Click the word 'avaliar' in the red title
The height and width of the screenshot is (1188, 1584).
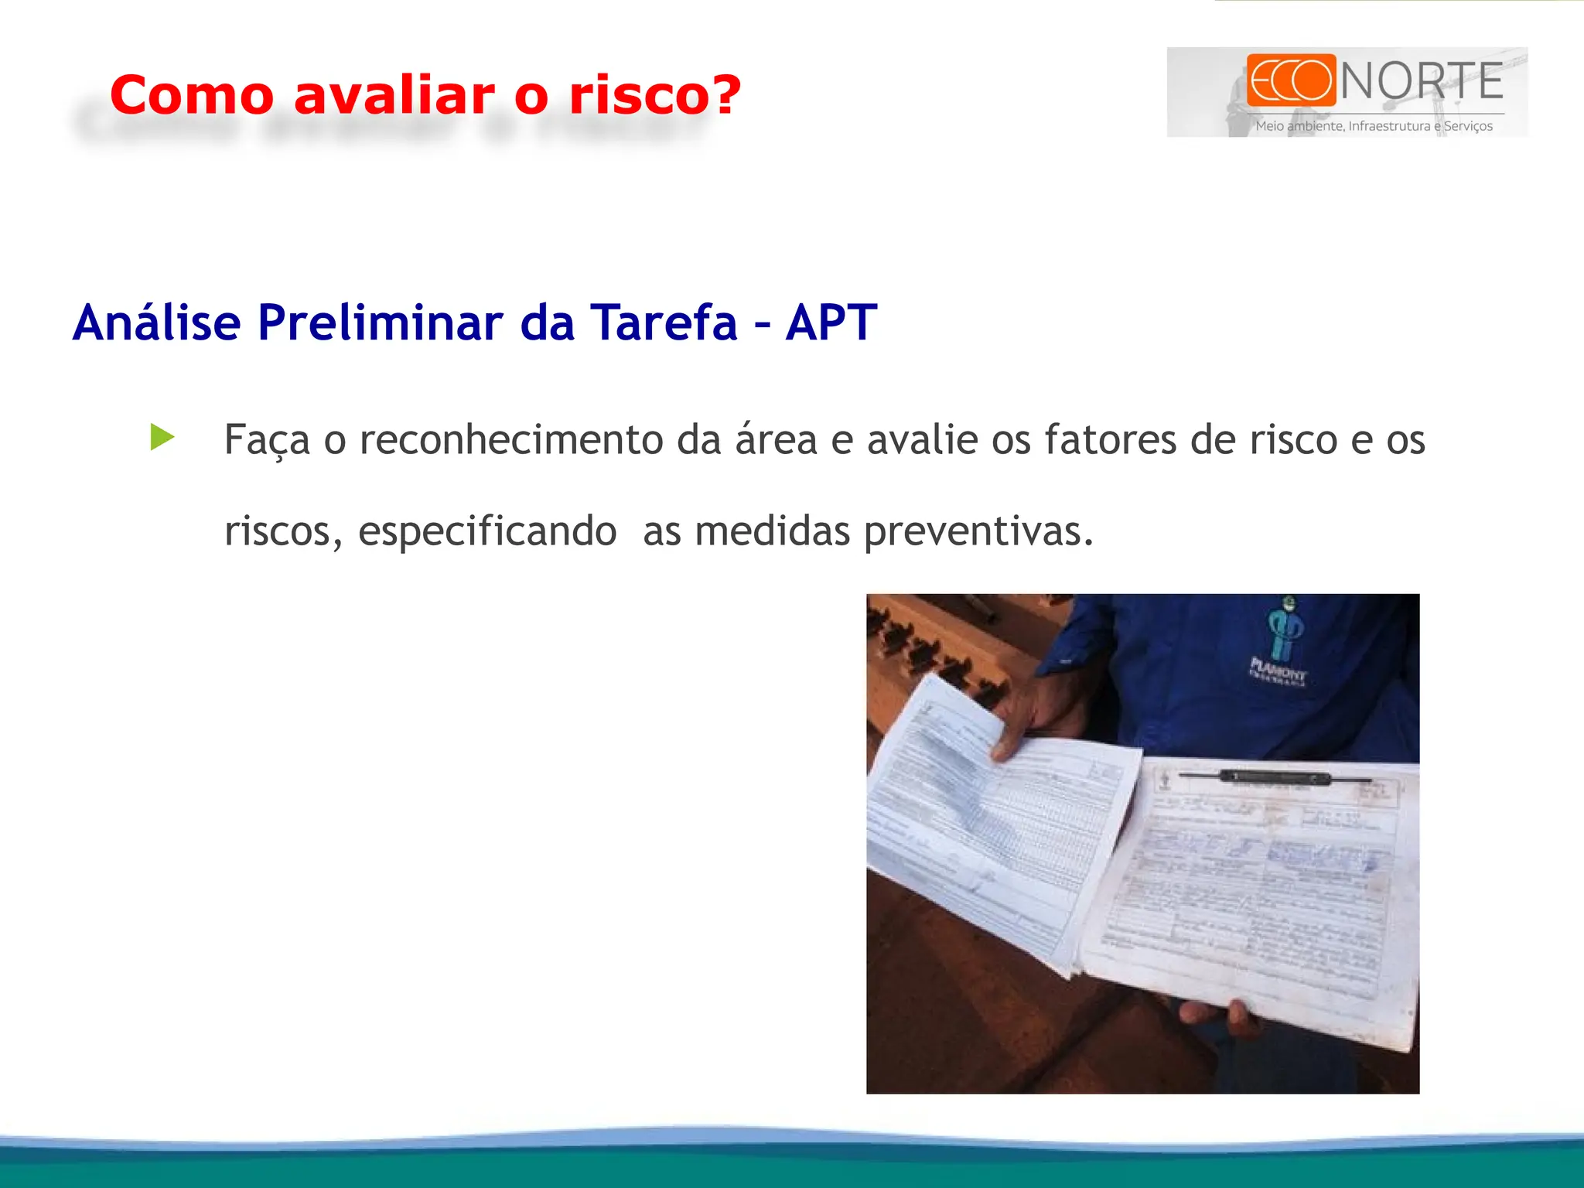[394, 95]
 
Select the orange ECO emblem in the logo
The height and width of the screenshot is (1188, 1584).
[1291, 80]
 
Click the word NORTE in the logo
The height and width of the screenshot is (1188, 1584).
[1422, 81]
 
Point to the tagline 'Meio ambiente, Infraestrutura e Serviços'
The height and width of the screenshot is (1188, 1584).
[1374, 126]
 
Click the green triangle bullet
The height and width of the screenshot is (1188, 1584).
[162, 437]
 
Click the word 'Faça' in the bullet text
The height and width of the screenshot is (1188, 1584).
[267, 440]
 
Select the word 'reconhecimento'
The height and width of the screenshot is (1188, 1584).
[511, 440]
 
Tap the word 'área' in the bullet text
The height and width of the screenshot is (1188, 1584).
[776, 440]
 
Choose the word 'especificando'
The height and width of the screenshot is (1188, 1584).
[487, 531]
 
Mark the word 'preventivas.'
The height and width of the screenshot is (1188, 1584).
[978, 531]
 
